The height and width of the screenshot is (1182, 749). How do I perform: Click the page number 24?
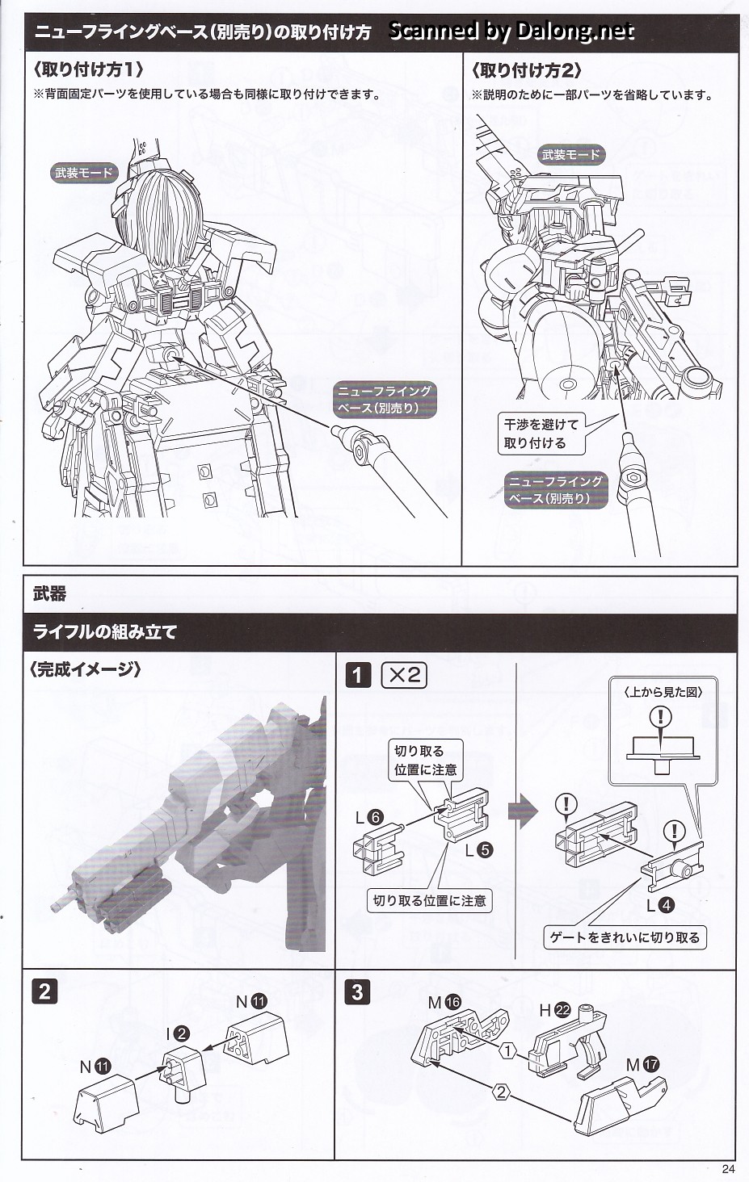click(x=729, y=1168)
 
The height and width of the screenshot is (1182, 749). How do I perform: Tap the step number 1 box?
click(x=358, y=675)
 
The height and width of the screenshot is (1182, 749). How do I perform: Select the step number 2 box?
click(x=44, y=990)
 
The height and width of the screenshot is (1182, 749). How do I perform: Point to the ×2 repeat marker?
click(x=403, y=675)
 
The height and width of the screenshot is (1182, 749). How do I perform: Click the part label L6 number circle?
click(x=375, y=818)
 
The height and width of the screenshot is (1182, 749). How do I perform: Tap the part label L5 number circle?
click(x=485, y=849)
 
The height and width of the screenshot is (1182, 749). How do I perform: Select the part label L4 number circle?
click(x=667, y=905)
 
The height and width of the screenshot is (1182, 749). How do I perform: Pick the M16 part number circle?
click(x=452, y=1002)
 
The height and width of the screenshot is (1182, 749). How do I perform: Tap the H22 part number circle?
click(x=563, y=1009)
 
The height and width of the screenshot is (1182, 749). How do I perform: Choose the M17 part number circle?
click(x=651, y=1065)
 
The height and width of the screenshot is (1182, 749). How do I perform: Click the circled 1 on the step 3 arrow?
click(x=507, y=1050)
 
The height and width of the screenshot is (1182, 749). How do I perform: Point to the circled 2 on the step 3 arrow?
click(x=502, y=1092)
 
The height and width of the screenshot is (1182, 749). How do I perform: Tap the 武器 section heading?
click(x=49, y=594)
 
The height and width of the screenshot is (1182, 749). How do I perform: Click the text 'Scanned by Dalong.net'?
click(x=511, y=31)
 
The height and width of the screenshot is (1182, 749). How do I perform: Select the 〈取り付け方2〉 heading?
click(x=526, y=71)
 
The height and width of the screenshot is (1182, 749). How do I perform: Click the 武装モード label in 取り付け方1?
click(x=84, y=172)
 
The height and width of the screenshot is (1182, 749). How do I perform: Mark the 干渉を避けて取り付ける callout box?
click(x=541, y=434)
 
